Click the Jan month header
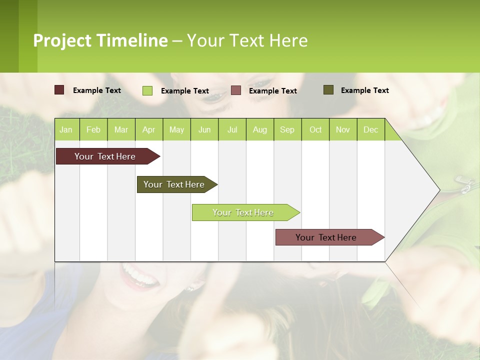point(66,129)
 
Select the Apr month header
point(148,129)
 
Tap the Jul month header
point(232,129)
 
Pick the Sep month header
point(287,129)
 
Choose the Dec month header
point(370,129)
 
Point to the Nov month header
point(342,129)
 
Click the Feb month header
point(93,129)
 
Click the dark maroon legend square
point(59,90)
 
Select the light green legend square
point(147,90)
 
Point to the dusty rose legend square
point(236,90)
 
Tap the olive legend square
point(328,90)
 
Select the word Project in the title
point(62,40)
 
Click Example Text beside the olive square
point(364,90)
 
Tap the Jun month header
point(204,129)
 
